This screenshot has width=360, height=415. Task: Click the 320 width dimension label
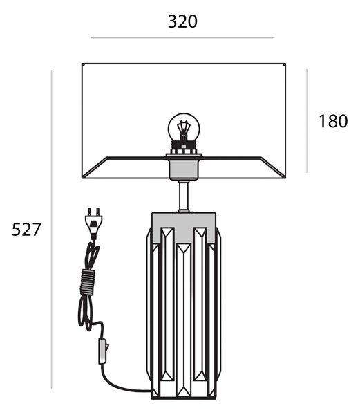click(182, 21)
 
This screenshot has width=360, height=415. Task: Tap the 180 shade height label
click(333, 121)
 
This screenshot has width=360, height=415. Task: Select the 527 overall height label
click(26, 229)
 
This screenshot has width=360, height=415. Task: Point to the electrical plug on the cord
click(93, 223)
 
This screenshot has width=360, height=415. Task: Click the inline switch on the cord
click(103, 351)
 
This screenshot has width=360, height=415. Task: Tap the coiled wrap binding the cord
click(88, 282)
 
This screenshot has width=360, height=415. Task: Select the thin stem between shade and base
click(184, 196)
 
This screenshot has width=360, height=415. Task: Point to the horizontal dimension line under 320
click(182, 37)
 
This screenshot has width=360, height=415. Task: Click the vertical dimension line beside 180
click(307, 121)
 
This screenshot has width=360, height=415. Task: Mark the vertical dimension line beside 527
click(52, 229)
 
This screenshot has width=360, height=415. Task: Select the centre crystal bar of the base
click(184, 320)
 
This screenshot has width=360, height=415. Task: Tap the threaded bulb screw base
click(184, 147)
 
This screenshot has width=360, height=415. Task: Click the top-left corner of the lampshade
click(82, 64)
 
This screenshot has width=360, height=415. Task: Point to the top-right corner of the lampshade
click(285, 64)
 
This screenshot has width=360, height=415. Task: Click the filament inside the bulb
click(184, 130)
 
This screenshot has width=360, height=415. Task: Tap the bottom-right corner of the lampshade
click(285, 178)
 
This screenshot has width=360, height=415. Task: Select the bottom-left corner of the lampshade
click(82, 178)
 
